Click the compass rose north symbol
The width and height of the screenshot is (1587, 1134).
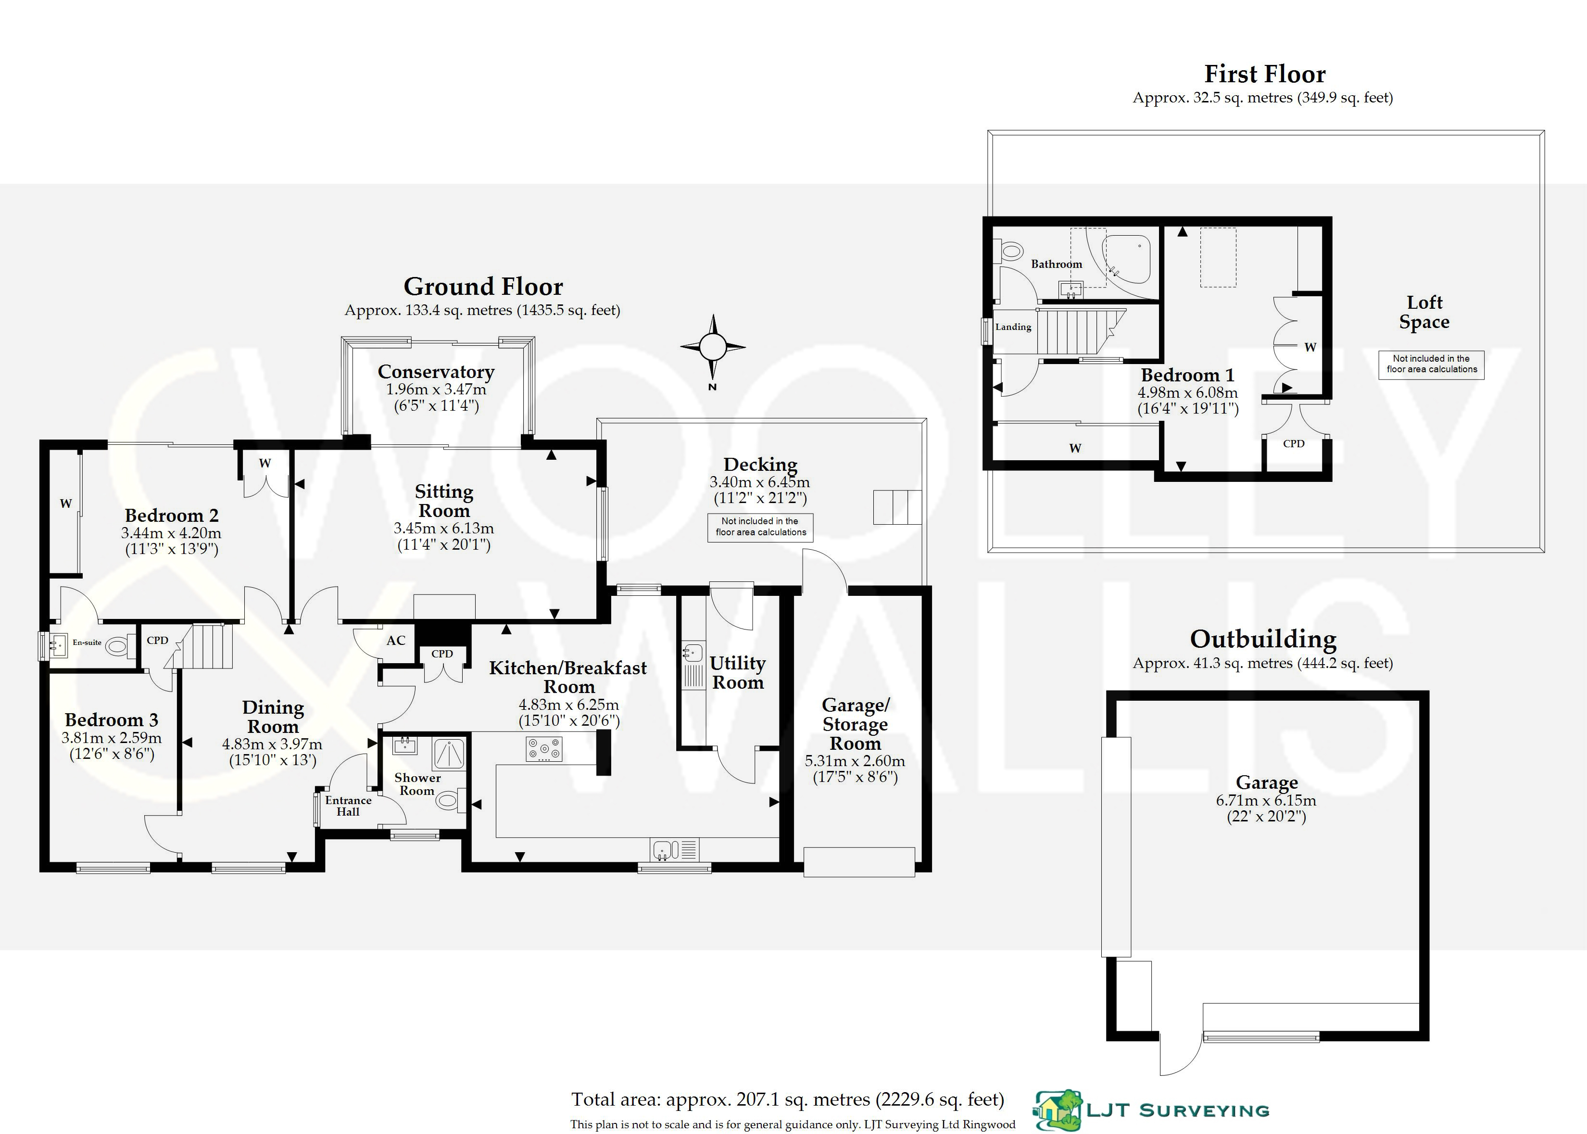pos(713,346)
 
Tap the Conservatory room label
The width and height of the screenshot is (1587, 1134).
pos(436,371)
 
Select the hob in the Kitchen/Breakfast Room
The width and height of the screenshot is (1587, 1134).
pos(544,750)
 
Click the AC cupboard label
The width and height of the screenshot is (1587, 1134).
pos(396,640)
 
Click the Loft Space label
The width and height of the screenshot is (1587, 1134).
pos(1424,312)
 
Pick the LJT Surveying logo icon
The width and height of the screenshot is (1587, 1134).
pos(1058,1110)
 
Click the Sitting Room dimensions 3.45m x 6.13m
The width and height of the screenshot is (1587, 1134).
pos(443,529)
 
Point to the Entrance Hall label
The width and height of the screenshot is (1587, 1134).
pos(348,806)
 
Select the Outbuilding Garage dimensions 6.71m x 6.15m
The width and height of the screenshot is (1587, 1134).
pos(1266,801)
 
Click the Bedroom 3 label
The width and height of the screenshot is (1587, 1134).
pos(112,720)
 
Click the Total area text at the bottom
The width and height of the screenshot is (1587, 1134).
pos(788,1100)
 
